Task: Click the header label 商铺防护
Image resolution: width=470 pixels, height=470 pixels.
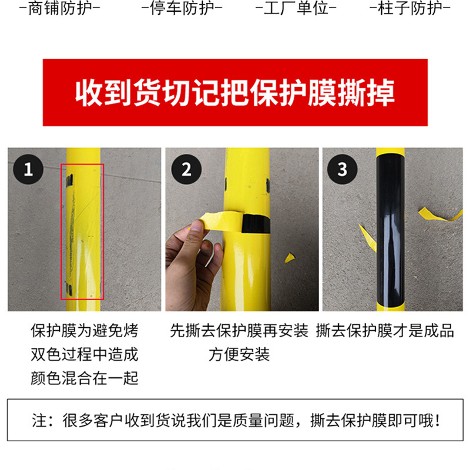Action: (60, 8)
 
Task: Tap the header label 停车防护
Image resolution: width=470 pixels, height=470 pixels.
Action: (182, 8)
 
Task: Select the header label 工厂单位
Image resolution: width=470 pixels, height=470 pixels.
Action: (296, 8)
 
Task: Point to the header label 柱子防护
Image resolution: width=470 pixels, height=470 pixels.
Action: (410, 8)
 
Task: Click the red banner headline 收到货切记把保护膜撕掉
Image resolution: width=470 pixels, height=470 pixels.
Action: (235, 93)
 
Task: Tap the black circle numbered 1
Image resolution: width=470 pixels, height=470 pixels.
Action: (28, 169)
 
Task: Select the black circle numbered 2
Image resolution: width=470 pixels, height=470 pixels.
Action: (186, 169)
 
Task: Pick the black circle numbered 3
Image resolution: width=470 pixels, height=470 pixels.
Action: (343, 169)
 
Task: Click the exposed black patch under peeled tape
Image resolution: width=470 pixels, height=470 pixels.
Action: (256, 224)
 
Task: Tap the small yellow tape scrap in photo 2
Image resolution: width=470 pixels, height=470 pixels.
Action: (290, 258)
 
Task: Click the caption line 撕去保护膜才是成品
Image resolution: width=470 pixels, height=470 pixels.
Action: (385, 331)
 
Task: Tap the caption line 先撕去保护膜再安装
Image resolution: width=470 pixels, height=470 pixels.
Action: (239, 331)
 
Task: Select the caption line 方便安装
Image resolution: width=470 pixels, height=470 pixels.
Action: (239, 355)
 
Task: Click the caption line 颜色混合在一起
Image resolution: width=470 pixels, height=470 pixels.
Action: (85, 378)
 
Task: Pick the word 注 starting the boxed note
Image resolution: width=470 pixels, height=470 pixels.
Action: (39, 421)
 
